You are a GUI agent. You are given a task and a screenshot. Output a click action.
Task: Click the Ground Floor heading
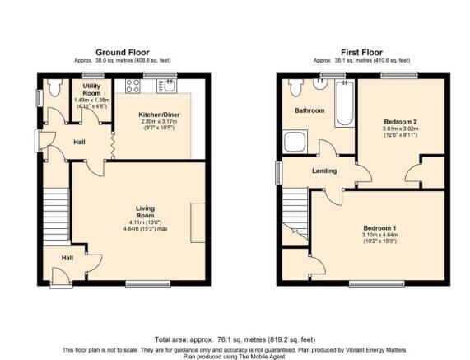(123, 53)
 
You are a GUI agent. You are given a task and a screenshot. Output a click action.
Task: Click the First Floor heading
(361, 53)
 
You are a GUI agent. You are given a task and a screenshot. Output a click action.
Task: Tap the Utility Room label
(91, 90)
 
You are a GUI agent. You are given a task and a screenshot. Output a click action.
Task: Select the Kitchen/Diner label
(159, 115)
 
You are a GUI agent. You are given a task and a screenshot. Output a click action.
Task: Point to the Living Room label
(146, 212)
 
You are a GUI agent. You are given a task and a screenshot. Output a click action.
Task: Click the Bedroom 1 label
(379, 228)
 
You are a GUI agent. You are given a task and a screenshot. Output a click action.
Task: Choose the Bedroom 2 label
(401, 122)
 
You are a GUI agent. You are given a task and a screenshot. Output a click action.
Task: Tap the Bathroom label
(309, 110)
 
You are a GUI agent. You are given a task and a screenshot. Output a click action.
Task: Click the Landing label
(324, 171)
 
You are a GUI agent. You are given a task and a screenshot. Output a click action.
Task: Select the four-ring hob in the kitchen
(133, 86)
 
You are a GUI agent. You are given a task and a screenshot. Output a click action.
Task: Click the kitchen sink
(167, 86)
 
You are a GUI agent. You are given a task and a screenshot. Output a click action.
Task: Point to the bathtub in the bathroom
(344, 103)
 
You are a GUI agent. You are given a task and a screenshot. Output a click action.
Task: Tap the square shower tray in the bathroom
(295, 142)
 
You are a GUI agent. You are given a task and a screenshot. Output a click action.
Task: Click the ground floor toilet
(54, 87)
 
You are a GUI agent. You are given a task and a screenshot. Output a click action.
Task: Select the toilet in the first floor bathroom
(295, 87)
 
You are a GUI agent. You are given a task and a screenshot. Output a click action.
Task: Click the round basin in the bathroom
(320, 83)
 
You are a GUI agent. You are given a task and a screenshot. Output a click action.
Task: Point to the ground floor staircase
(56, 217)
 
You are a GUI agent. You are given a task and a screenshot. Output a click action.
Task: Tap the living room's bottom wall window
(148, 284)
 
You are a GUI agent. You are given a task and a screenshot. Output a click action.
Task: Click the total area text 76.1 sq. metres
(235, 340)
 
